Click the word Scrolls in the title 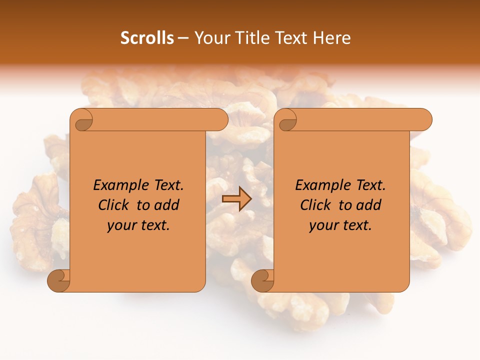pyautogui.click(x=147, y=38)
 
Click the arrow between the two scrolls pyautogui.click(x=236, y=199)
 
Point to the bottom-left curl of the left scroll pyautogui.click(x=59, y=281)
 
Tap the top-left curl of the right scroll pyautogui.click(x=287, y=120)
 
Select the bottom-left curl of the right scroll pyautogui.click(x=262, y=281)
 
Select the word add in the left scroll pyautogui.click(x=167, y=205)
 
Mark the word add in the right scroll pyautogui.click(x=369, y=205)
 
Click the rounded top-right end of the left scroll pyautogui.click(x=220, y=120)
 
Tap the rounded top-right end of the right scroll pyautogui.click(x=424, y=120)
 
